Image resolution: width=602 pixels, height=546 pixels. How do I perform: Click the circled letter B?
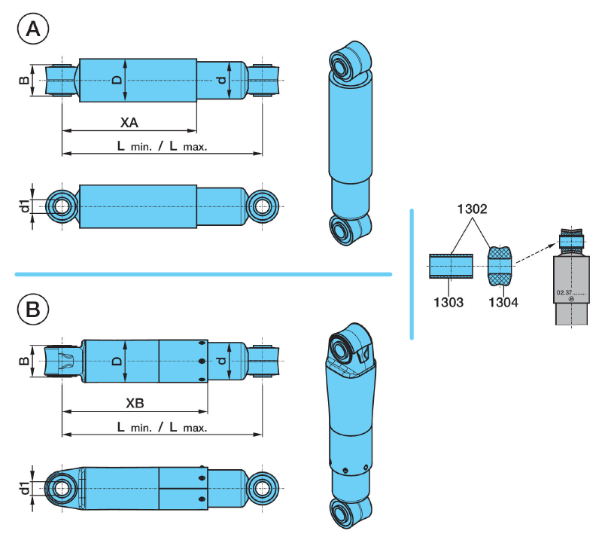point(33,309)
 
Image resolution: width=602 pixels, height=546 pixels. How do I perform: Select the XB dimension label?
point(135,403)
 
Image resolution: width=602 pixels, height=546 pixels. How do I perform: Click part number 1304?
point(502,302)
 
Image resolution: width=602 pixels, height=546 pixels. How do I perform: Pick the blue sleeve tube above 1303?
point(451,266)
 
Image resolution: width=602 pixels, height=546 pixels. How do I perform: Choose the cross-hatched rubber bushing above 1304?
point(500,266)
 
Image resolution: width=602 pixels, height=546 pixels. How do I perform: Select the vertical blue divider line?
point(412,273)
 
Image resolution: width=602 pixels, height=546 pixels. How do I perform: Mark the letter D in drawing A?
point(117,79)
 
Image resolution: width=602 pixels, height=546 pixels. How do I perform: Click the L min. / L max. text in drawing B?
point(162,427)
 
